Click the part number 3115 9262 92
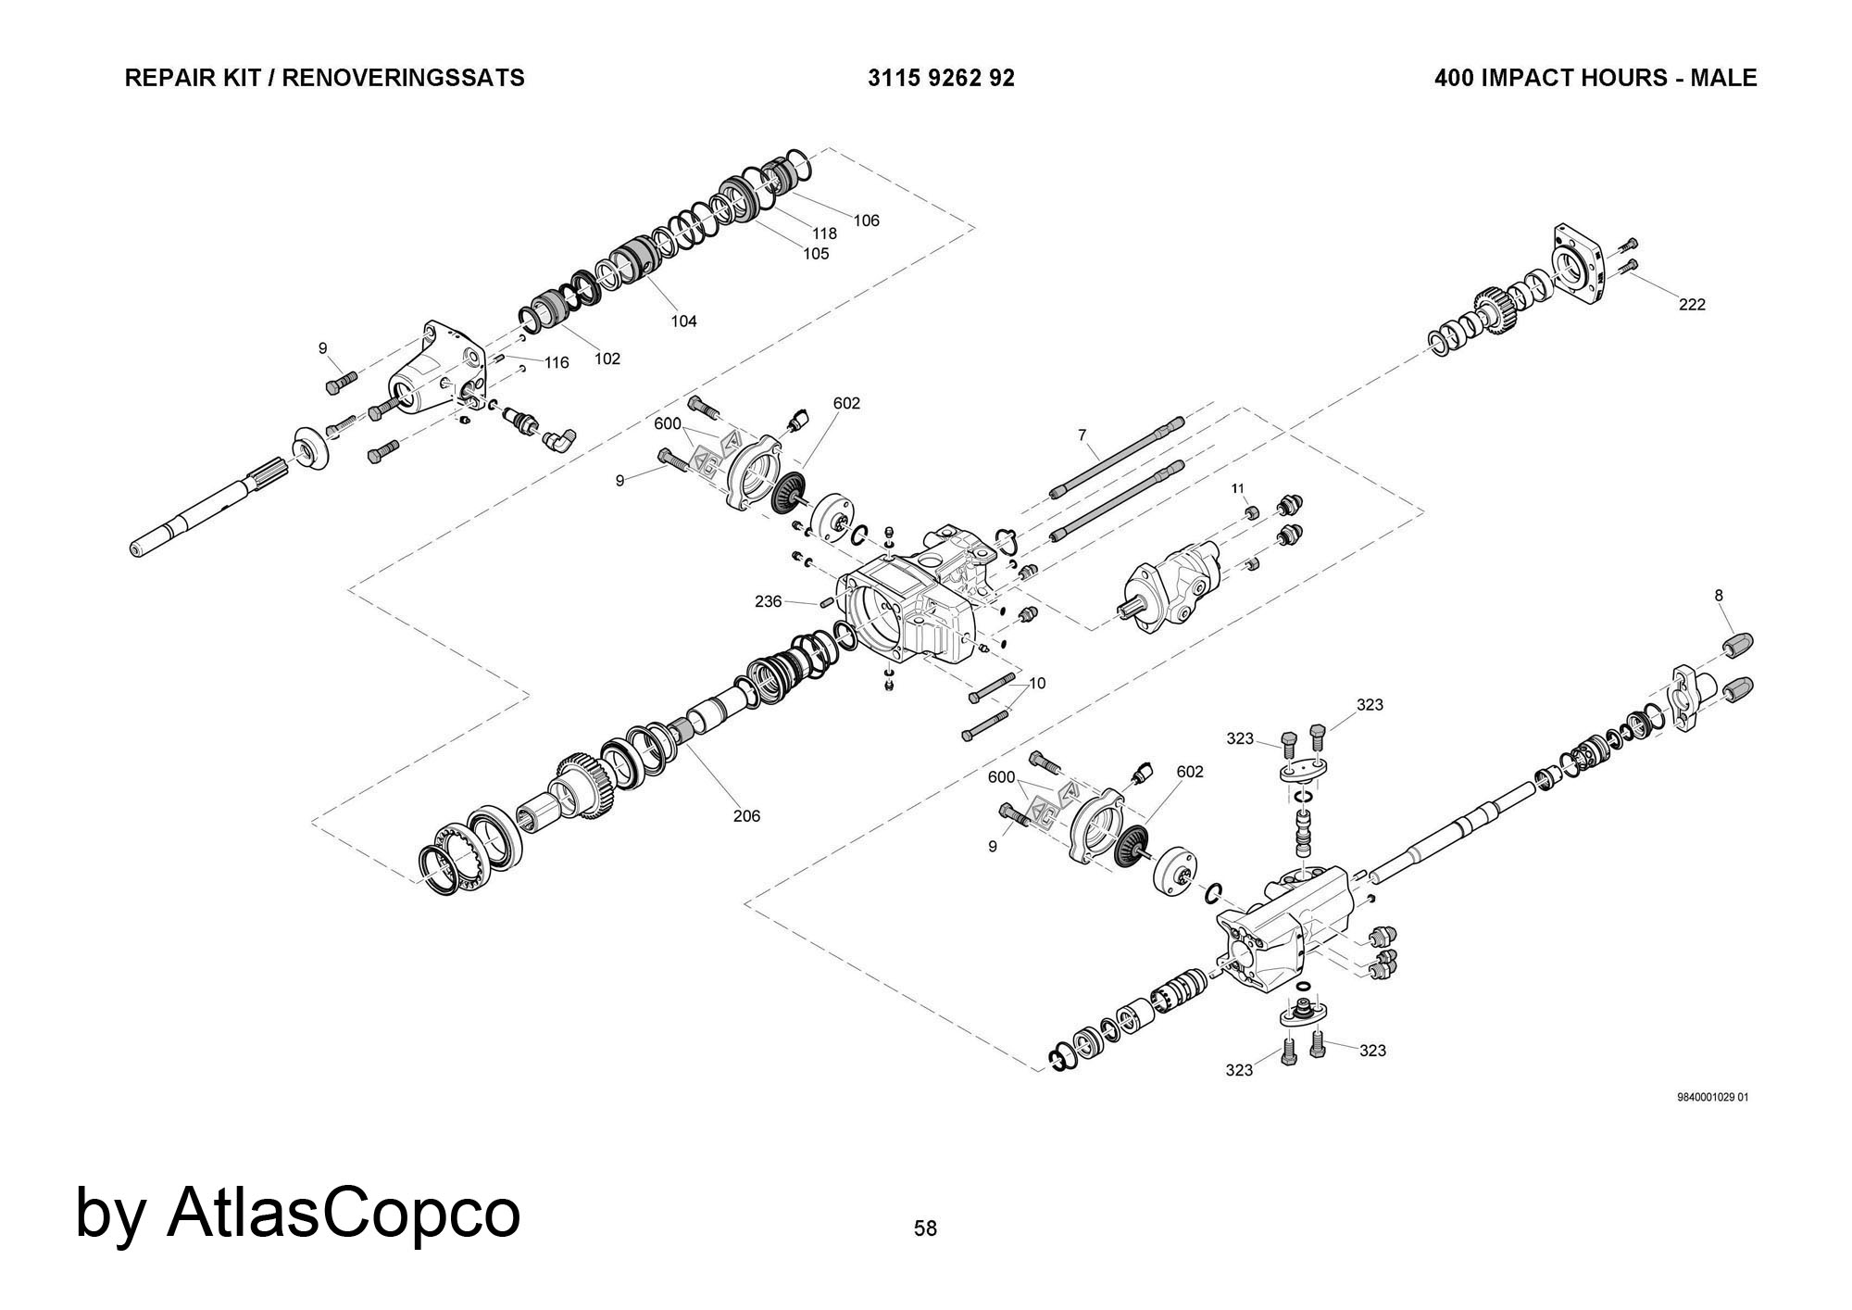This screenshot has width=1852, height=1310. [x=941, y=78]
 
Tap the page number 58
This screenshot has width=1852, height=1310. [x=925, y=1228]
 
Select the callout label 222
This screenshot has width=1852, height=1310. [x=1692, y=305]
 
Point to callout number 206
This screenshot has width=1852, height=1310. [x=746, y=816]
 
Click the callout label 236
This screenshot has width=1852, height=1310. [x=769, y=601]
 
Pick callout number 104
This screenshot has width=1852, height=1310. [x=683, y=321]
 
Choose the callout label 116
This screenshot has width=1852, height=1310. [x=557, y=362]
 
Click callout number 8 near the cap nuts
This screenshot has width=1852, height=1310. [x=1719, y=596]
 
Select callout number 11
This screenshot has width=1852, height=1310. [x=1238, y=488]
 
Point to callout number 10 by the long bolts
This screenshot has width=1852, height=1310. [x=1037, y=684]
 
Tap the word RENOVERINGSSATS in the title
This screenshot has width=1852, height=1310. [x=403, y=78]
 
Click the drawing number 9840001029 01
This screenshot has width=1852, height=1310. [x=1713, y=1098]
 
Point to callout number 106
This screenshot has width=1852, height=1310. [x=867, y=220]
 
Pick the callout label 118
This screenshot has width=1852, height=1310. [x=824, y=234]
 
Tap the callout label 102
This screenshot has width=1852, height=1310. [x=607, y=359]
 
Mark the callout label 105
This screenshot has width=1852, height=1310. [x=816, y=254]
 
